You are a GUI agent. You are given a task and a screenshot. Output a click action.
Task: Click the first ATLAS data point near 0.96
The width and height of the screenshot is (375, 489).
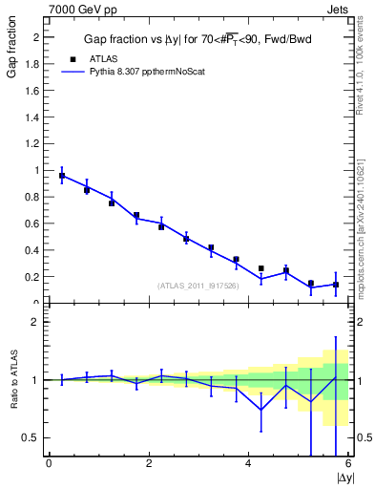pyautogui.click(x=62, y=176)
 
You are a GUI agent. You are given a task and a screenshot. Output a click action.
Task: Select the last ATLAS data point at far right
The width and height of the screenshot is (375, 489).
pyautogui.click(x=336, y=285)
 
